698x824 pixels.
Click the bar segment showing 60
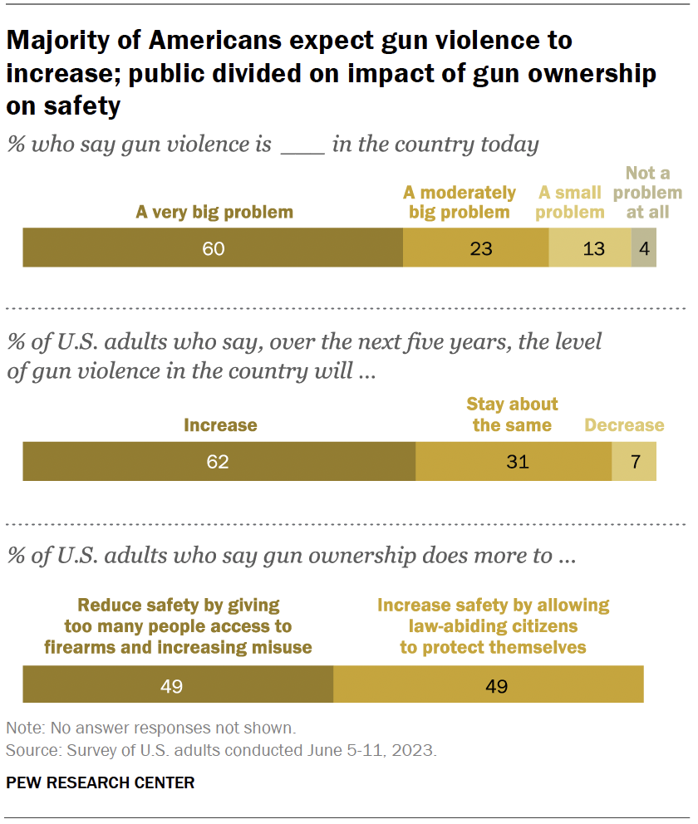(213, 248)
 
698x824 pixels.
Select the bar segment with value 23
(475, 248)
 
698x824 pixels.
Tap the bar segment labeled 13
(590, 248)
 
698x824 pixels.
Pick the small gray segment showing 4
(644, 248)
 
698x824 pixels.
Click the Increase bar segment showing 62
(219, 461)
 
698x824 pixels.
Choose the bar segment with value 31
(514, 461)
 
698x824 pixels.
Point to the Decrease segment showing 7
(634, 461)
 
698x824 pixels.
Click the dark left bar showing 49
(178, 685)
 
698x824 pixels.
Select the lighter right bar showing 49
(488, 685)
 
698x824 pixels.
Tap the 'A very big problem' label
(214, 212)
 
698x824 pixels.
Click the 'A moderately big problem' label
(460, 202)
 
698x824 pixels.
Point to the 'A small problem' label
(570, 202)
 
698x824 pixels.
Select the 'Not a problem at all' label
(654, 192)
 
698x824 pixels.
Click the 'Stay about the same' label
(512, 414)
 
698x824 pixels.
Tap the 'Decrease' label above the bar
(624, 425)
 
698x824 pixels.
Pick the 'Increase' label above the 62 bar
(220, 425)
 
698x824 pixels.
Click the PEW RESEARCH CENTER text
(101, 782)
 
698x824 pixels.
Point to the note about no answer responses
(150, 728)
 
